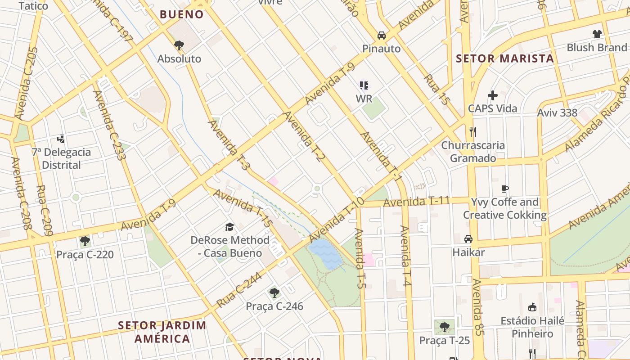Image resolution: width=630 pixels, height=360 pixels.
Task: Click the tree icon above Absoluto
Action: click(179, 45)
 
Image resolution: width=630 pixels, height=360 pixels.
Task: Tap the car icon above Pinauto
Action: click(381, 35)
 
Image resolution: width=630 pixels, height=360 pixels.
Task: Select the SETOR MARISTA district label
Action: click(505, 58)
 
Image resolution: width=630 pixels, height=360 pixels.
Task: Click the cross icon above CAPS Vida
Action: click(493, 95)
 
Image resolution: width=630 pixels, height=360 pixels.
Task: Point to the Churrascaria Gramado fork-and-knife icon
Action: click(472, 131)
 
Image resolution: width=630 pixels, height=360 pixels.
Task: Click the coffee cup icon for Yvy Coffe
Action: click(505, 189)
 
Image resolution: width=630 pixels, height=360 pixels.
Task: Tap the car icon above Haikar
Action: click(468, 238)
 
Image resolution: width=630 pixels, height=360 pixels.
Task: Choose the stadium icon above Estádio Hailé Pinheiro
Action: click(532, 307)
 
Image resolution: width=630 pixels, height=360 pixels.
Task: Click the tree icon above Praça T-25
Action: click(445, 327)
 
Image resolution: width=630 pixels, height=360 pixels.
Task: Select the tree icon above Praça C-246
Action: click(274, 293)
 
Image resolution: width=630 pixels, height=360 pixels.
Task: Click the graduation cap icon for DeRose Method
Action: click(230, 226)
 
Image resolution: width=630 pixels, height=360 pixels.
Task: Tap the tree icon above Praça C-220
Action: click(85, 241)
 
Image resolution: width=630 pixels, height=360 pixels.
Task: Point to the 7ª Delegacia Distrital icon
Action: click(61, 139)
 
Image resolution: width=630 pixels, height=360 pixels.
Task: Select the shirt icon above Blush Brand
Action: click(597, 34)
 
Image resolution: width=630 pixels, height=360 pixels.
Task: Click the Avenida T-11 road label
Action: click(416, 202)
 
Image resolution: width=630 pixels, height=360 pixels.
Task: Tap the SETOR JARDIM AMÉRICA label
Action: click(162, 332)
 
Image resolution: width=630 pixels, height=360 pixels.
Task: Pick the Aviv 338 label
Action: click(557, 112)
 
